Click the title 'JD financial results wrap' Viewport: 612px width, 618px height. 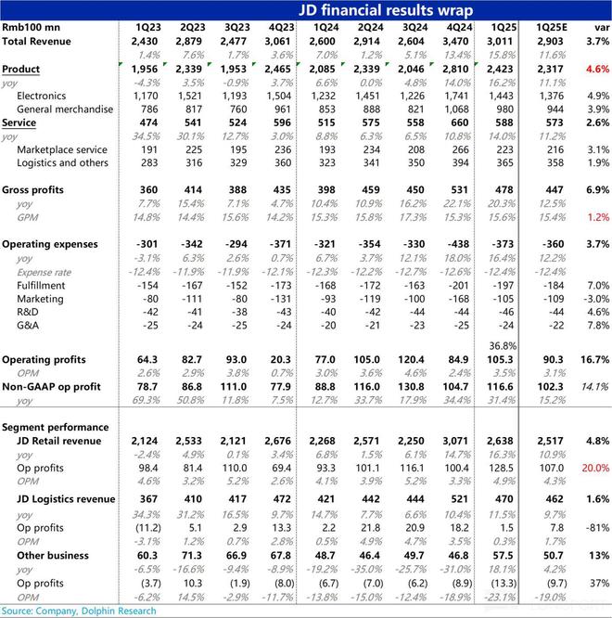(x=384, y=10)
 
